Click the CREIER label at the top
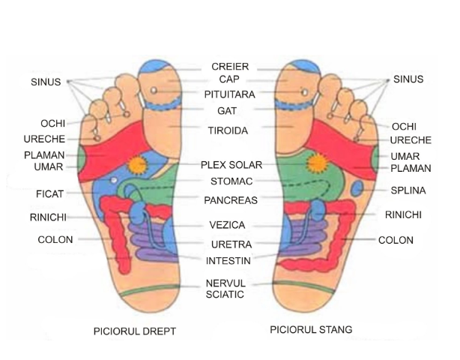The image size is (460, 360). (x=230, y=67)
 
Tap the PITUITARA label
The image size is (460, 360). (x=230, y=94)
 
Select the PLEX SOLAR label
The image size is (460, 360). (x=231, y=165)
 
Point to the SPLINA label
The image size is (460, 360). (x=408, y=190)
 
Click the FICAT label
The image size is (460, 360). (x=49, y=194)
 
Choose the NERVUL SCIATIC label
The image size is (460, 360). (x=226, y=289)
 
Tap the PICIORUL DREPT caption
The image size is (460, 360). (x=135, y=331)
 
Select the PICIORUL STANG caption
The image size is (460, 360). (x=311, y=329)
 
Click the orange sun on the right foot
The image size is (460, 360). (x=137, y=165)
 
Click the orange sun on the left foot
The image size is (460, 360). (x=317, y=163)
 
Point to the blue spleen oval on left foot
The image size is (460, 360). (x=357, y=188)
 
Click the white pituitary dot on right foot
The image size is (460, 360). (x=154, y=90)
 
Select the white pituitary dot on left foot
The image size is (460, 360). (x=305, y=92)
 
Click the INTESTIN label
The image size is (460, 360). (x=229, y=261)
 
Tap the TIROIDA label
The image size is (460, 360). (x=228, y=130)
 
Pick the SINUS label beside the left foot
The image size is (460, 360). (x=408, y=79)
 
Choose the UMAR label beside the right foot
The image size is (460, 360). (x=49, y=167)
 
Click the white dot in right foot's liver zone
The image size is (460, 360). (x=114, y=180)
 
